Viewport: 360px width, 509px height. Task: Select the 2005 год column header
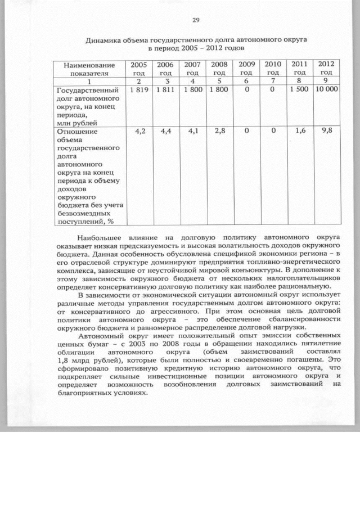(x=138, y=69)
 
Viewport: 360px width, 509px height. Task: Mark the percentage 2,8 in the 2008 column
(x=220, y=131)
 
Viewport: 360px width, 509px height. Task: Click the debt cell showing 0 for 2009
(x=246, y=89)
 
